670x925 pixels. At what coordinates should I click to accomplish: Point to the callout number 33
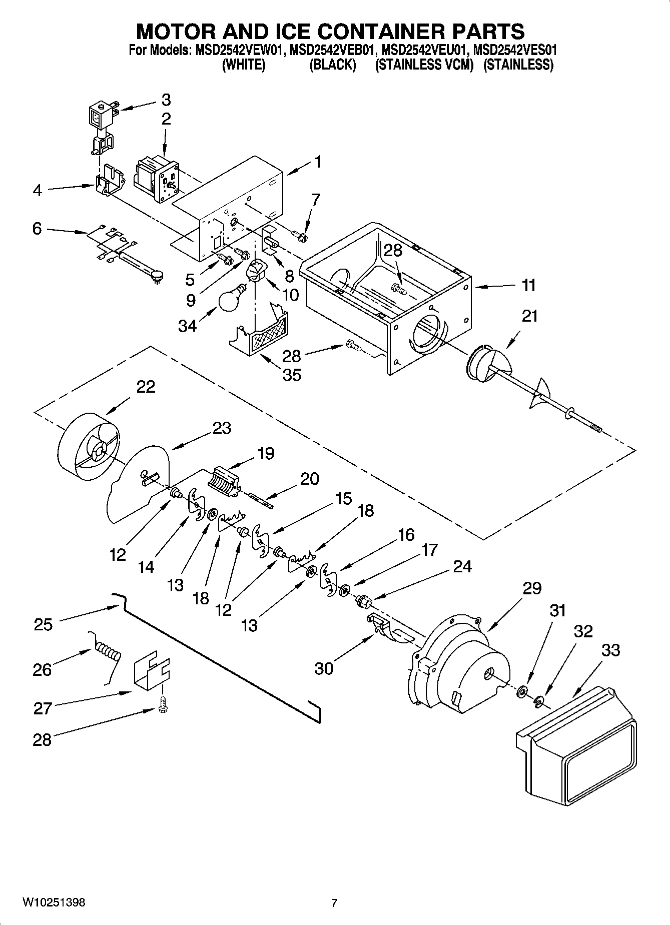(610, 650)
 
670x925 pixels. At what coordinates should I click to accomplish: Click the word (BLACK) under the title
(332, 65)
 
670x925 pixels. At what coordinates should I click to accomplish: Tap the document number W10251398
(54, 902)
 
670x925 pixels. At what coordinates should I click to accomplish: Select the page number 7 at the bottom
(334, 903)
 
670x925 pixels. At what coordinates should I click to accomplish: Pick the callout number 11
(528, 286)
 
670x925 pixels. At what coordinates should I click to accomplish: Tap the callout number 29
(531, 588)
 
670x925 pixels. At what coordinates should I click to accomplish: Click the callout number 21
(529, 316)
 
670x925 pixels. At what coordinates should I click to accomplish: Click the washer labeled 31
(522, 691)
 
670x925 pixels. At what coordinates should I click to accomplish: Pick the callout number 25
(43, 624)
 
